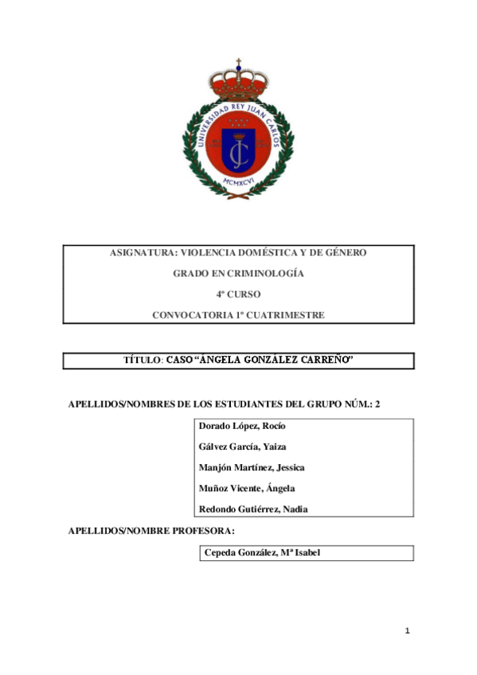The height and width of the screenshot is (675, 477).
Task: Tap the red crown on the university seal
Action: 238,81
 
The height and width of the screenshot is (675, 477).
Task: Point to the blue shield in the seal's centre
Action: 238,148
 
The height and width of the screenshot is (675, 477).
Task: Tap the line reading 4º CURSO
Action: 238,295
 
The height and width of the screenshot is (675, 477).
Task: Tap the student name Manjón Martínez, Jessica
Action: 251,467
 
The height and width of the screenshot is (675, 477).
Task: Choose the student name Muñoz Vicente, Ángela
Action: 247,488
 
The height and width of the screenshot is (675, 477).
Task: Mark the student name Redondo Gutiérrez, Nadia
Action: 253,509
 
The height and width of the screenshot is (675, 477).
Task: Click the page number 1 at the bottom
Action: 407,631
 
